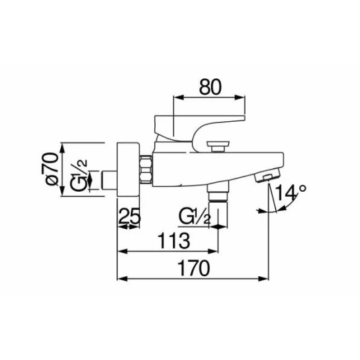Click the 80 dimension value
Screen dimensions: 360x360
point(210,87)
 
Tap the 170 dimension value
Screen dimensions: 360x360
point(194,268)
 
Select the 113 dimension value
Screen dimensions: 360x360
point(174,241)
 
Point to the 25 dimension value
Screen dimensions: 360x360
point(129,216)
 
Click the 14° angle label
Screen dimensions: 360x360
point(290,192)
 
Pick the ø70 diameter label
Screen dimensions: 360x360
point(52,169)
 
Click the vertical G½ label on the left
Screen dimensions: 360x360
point(79,175)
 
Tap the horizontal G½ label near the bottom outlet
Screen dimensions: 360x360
point(195,217)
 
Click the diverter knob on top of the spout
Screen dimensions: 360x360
point(218,146)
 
